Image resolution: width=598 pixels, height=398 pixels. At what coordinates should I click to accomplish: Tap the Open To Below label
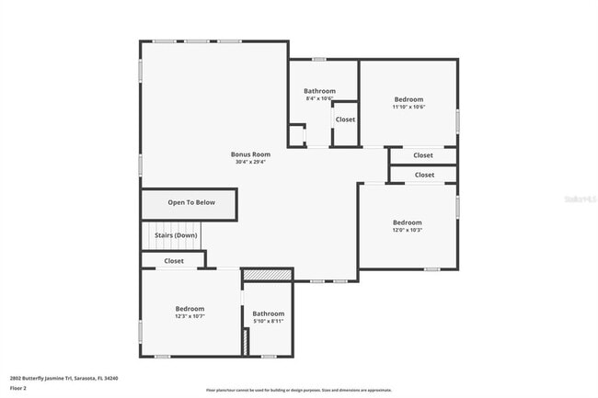190,203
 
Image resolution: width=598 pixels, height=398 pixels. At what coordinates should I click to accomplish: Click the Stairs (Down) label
176,235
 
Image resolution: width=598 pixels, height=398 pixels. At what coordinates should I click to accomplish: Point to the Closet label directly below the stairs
174,261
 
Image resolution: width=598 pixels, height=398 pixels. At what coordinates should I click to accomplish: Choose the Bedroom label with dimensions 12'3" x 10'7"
190,309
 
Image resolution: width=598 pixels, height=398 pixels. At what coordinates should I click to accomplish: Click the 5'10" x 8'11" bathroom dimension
269,322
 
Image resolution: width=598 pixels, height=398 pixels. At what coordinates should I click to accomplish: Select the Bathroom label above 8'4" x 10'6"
319,91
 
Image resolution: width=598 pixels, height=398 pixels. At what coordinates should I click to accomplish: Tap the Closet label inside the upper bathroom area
345,119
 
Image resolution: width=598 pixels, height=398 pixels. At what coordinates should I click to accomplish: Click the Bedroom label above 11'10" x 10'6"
408,99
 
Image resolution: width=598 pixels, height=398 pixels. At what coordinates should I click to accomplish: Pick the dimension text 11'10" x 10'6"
408,108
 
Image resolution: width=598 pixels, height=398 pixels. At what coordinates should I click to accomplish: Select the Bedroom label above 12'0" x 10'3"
408,222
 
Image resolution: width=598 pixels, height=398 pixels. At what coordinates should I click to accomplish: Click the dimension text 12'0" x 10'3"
408,230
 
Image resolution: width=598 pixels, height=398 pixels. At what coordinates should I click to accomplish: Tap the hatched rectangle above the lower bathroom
267,274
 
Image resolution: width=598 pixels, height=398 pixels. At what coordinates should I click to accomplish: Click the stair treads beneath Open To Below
163,237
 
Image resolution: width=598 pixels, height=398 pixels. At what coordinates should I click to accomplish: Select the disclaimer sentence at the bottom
299,390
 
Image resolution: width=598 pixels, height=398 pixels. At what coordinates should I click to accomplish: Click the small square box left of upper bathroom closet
296,135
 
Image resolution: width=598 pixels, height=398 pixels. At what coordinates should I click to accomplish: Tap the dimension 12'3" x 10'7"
190,317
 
